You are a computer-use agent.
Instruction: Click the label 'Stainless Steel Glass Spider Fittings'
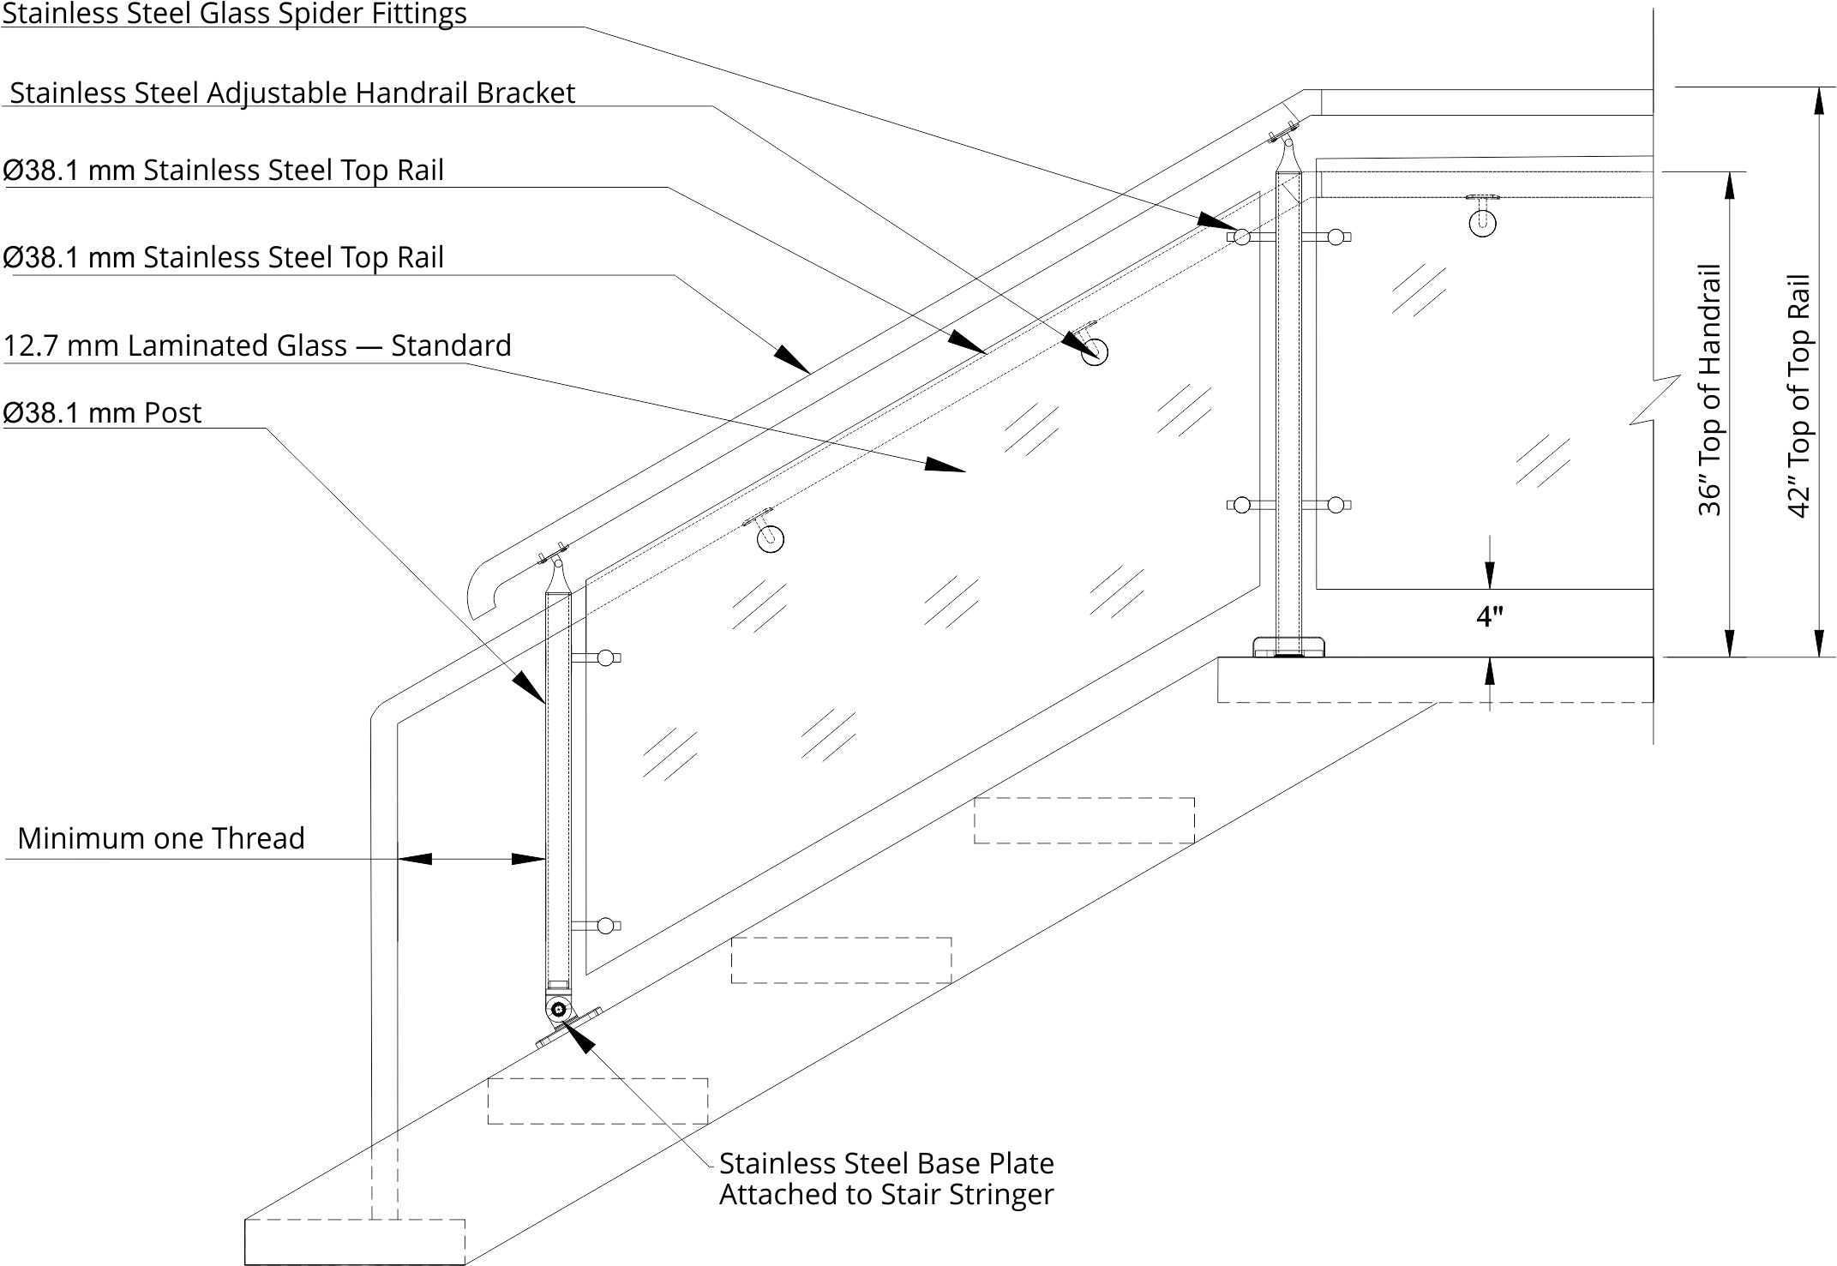coord(234,14)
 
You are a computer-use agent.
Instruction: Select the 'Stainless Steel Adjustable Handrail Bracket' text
coord(292,93)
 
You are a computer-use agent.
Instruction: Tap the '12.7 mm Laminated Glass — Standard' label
coord(257,345)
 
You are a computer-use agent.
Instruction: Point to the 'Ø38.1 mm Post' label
coord(103,413)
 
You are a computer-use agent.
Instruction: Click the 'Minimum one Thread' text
coord(161,838)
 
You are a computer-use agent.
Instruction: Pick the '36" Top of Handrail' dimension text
coord(1709,389)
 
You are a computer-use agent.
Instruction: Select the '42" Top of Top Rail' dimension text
coord(1798,395)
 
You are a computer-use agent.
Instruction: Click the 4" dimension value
coord(1490,616)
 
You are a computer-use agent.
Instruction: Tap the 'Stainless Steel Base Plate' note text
coord(886,1163)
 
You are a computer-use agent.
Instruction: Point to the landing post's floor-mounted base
coord(1288,646)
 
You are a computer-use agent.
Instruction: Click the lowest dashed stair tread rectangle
coord(355,1242)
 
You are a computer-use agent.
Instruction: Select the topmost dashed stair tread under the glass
coord(1084,820)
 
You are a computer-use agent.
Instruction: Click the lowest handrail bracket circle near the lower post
coord(771,538)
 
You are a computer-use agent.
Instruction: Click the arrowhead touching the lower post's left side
coord(529,687)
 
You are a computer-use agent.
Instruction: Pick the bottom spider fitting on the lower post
coord(606,926)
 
